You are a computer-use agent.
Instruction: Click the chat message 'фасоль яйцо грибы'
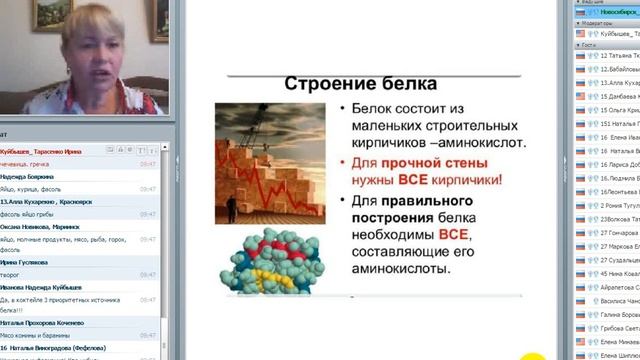(x=31, y=212)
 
